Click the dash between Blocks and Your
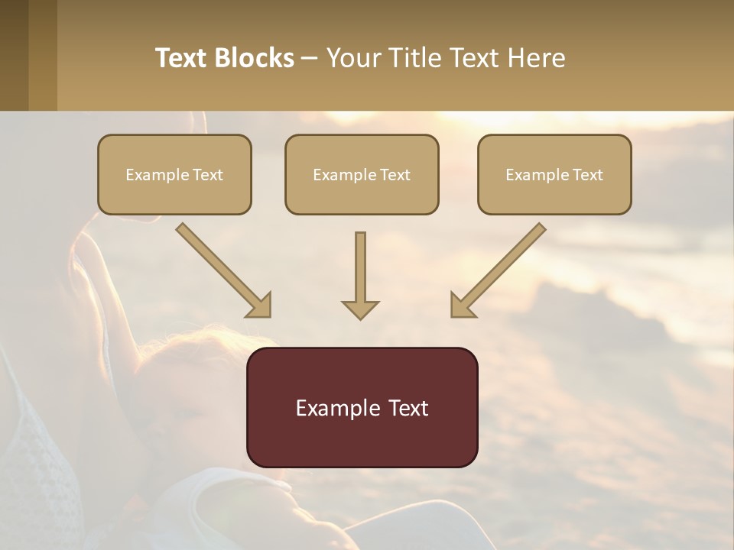(x=310, y=58)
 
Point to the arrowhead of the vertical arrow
(x=360, y=309)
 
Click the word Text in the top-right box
(x=588, y=175)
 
